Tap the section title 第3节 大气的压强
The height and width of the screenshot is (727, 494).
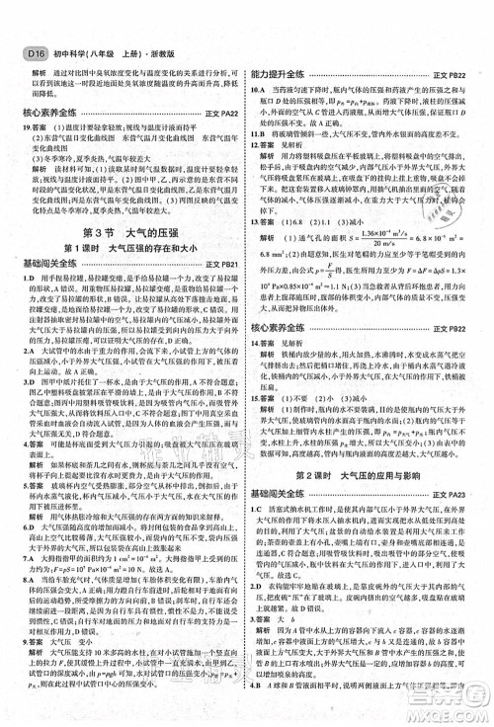[123, 232]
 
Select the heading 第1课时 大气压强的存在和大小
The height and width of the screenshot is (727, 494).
[123, 249]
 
